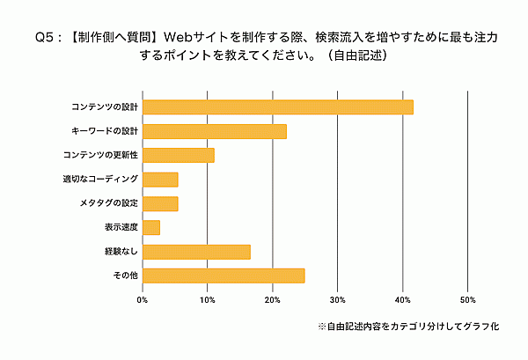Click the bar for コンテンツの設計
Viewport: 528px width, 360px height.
(x=277, y=107)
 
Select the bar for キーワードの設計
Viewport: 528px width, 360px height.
(x=214, y=132)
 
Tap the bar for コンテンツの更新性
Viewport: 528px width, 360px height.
(x=178, y=156)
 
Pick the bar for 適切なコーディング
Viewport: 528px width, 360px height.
(x=160, y=180)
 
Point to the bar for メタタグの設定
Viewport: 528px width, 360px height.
(x=160, y=204)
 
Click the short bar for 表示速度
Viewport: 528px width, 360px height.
(x=151, y=228)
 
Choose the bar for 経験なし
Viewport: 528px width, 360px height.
(x=196, y=252)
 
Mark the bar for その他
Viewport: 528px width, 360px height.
(x=224, y=276)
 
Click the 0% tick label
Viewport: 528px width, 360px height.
(x=143, y=299)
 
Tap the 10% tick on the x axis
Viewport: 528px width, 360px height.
(x=208, y=299)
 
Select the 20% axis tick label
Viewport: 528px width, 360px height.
(x=273, y=299)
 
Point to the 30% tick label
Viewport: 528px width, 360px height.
(x=338, y=299)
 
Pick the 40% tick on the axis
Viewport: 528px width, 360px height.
(x=403, y=299)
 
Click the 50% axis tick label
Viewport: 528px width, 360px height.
(x=468, y=299)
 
